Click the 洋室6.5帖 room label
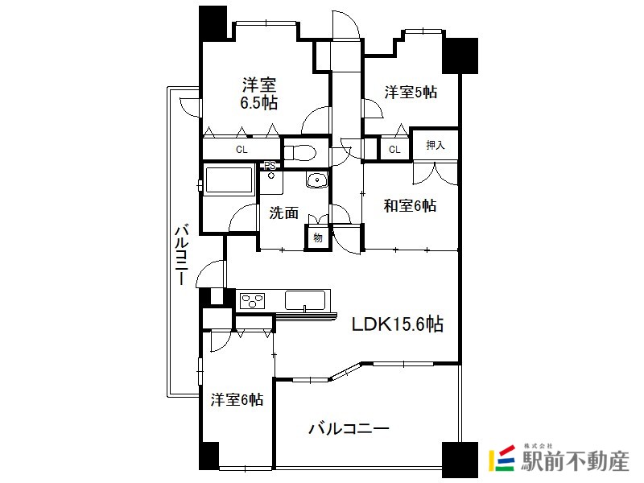[258, 93]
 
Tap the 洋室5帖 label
[411, 92]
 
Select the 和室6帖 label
[410, 205]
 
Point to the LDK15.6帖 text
[397, 324]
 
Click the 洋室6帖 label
[237, 399]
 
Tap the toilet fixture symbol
[300, 152]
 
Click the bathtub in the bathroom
[229, 180]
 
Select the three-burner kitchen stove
[253, 300]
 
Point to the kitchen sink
[305, 300]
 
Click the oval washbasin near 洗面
[316, 180]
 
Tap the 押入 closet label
[436, 145]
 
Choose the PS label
[270, 166]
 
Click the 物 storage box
[317, 237]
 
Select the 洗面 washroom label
[283, 213]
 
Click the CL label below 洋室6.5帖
[242, 150]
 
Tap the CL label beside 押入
[394, 150]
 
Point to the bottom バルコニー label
[349, 429]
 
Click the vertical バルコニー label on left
[181, 254]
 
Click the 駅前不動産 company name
[575, 460]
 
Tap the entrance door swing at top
[346, 25]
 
